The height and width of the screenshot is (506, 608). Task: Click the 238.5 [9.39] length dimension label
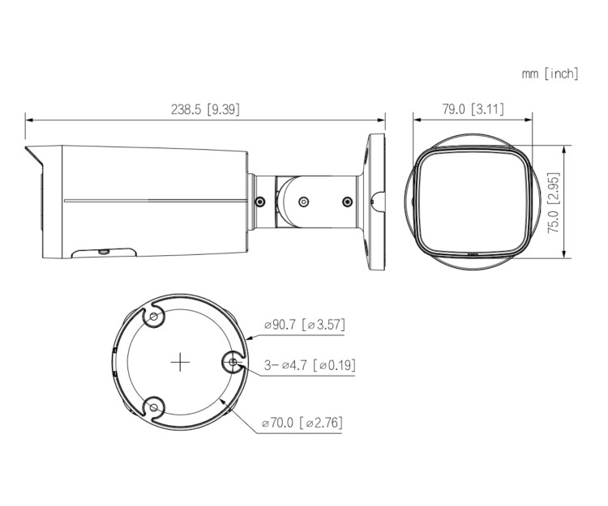pos(206,109)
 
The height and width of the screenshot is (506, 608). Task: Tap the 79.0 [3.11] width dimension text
pos(473,109)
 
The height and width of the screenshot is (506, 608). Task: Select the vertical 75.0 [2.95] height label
pos(554,202)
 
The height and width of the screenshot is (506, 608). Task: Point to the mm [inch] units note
pos(550,74)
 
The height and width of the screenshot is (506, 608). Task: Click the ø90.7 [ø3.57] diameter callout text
pos(304,325)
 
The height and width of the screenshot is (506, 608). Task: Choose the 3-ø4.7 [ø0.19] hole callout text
pos(310,365)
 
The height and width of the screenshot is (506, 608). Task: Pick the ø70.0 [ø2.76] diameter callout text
pos(302,423)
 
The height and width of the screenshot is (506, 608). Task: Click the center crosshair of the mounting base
pos(180,363)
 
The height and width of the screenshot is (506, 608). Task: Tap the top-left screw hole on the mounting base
pos(154,317)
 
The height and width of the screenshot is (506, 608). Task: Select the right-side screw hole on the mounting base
pos(233,363)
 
